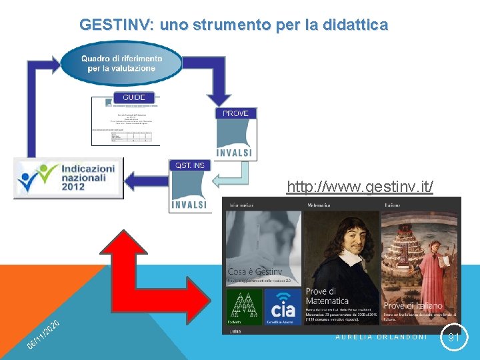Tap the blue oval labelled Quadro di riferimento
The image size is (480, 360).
tap(121, 63)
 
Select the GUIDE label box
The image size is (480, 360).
tap(133, 97)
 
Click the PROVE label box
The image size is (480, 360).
tap(235, 113)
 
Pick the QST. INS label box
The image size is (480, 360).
tap(190, 165)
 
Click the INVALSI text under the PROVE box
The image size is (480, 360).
tap(235, 153)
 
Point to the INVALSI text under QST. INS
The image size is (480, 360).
tap(189, 204)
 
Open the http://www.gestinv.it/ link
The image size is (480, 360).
tap(359, 187)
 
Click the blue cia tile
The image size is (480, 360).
tap(283, 308)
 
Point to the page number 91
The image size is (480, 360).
tap(454, 338)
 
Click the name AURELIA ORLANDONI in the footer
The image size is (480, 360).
tap(381, 337)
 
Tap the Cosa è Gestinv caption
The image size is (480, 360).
tap(255, 272)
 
